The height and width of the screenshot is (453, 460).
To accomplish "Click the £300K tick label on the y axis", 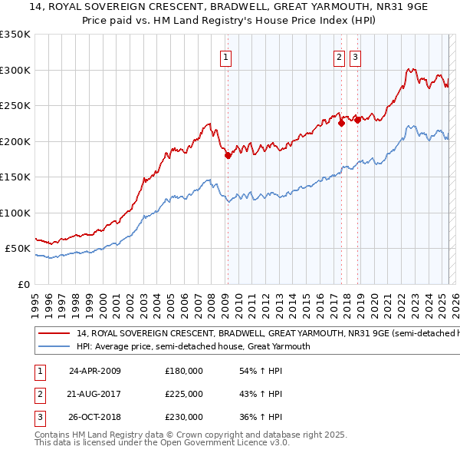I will tap(15, 70).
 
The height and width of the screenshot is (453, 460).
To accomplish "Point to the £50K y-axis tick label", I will tap(18, 249).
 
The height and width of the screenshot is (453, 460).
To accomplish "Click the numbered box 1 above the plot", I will tap(227, 56).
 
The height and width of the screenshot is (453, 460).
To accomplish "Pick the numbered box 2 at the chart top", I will tap(340, 56).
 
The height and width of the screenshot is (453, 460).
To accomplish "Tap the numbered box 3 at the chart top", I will tap(356, 56).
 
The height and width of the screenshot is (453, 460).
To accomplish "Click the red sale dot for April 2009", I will tap(228, 155).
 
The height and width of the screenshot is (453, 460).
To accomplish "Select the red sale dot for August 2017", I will tap(341, 123).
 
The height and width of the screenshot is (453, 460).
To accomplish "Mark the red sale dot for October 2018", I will tap(357, 119).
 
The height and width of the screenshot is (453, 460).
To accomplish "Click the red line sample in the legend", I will tap(54, 334).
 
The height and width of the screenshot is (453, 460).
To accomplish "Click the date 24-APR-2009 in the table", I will tap(95, 370).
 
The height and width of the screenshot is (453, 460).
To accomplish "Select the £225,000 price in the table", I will tap(184, 394).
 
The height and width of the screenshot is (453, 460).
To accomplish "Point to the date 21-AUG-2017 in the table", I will tap(95, 394).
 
